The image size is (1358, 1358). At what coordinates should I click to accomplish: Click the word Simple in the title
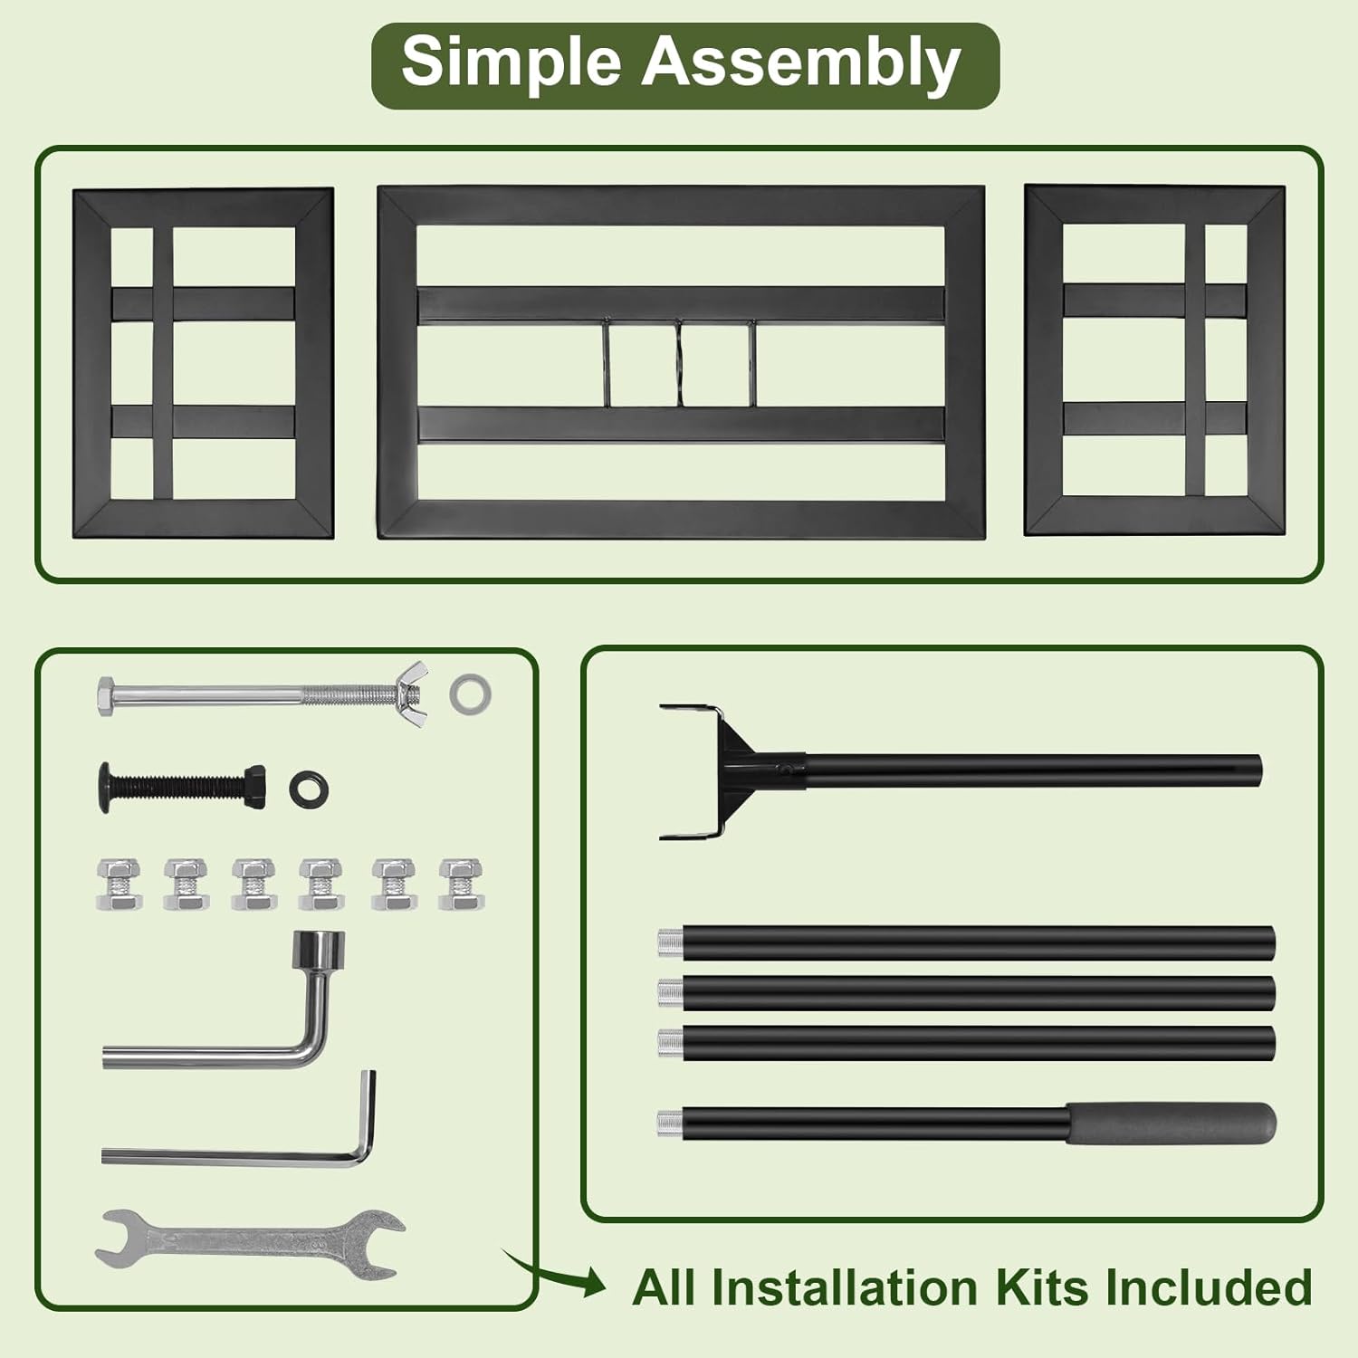click(511, 63)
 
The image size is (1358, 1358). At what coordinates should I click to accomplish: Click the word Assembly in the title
click(800, 63)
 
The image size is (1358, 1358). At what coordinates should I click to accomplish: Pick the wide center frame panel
click(681, 362)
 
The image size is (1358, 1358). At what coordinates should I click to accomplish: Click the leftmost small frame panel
click(203, 362)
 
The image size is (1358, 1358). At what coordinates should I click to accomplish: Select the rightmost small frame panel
click(1154, 359)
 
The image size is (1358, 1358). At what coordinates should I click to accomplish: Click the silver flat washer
click(471, 693)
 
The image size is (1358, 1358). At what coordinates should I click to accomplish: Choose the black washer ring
click(309, 789)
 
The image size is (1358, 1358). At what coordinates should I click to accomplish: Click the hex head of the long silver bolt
click(107, 695)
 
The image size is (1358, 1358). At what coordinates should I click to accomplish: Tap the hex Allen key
click(235, 1154)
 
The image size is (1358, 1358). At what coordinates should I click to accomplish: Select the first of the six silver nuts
click(119, 884)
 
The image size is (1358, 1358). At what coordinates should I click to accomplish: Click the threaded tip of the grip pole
click(669, 1124)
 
